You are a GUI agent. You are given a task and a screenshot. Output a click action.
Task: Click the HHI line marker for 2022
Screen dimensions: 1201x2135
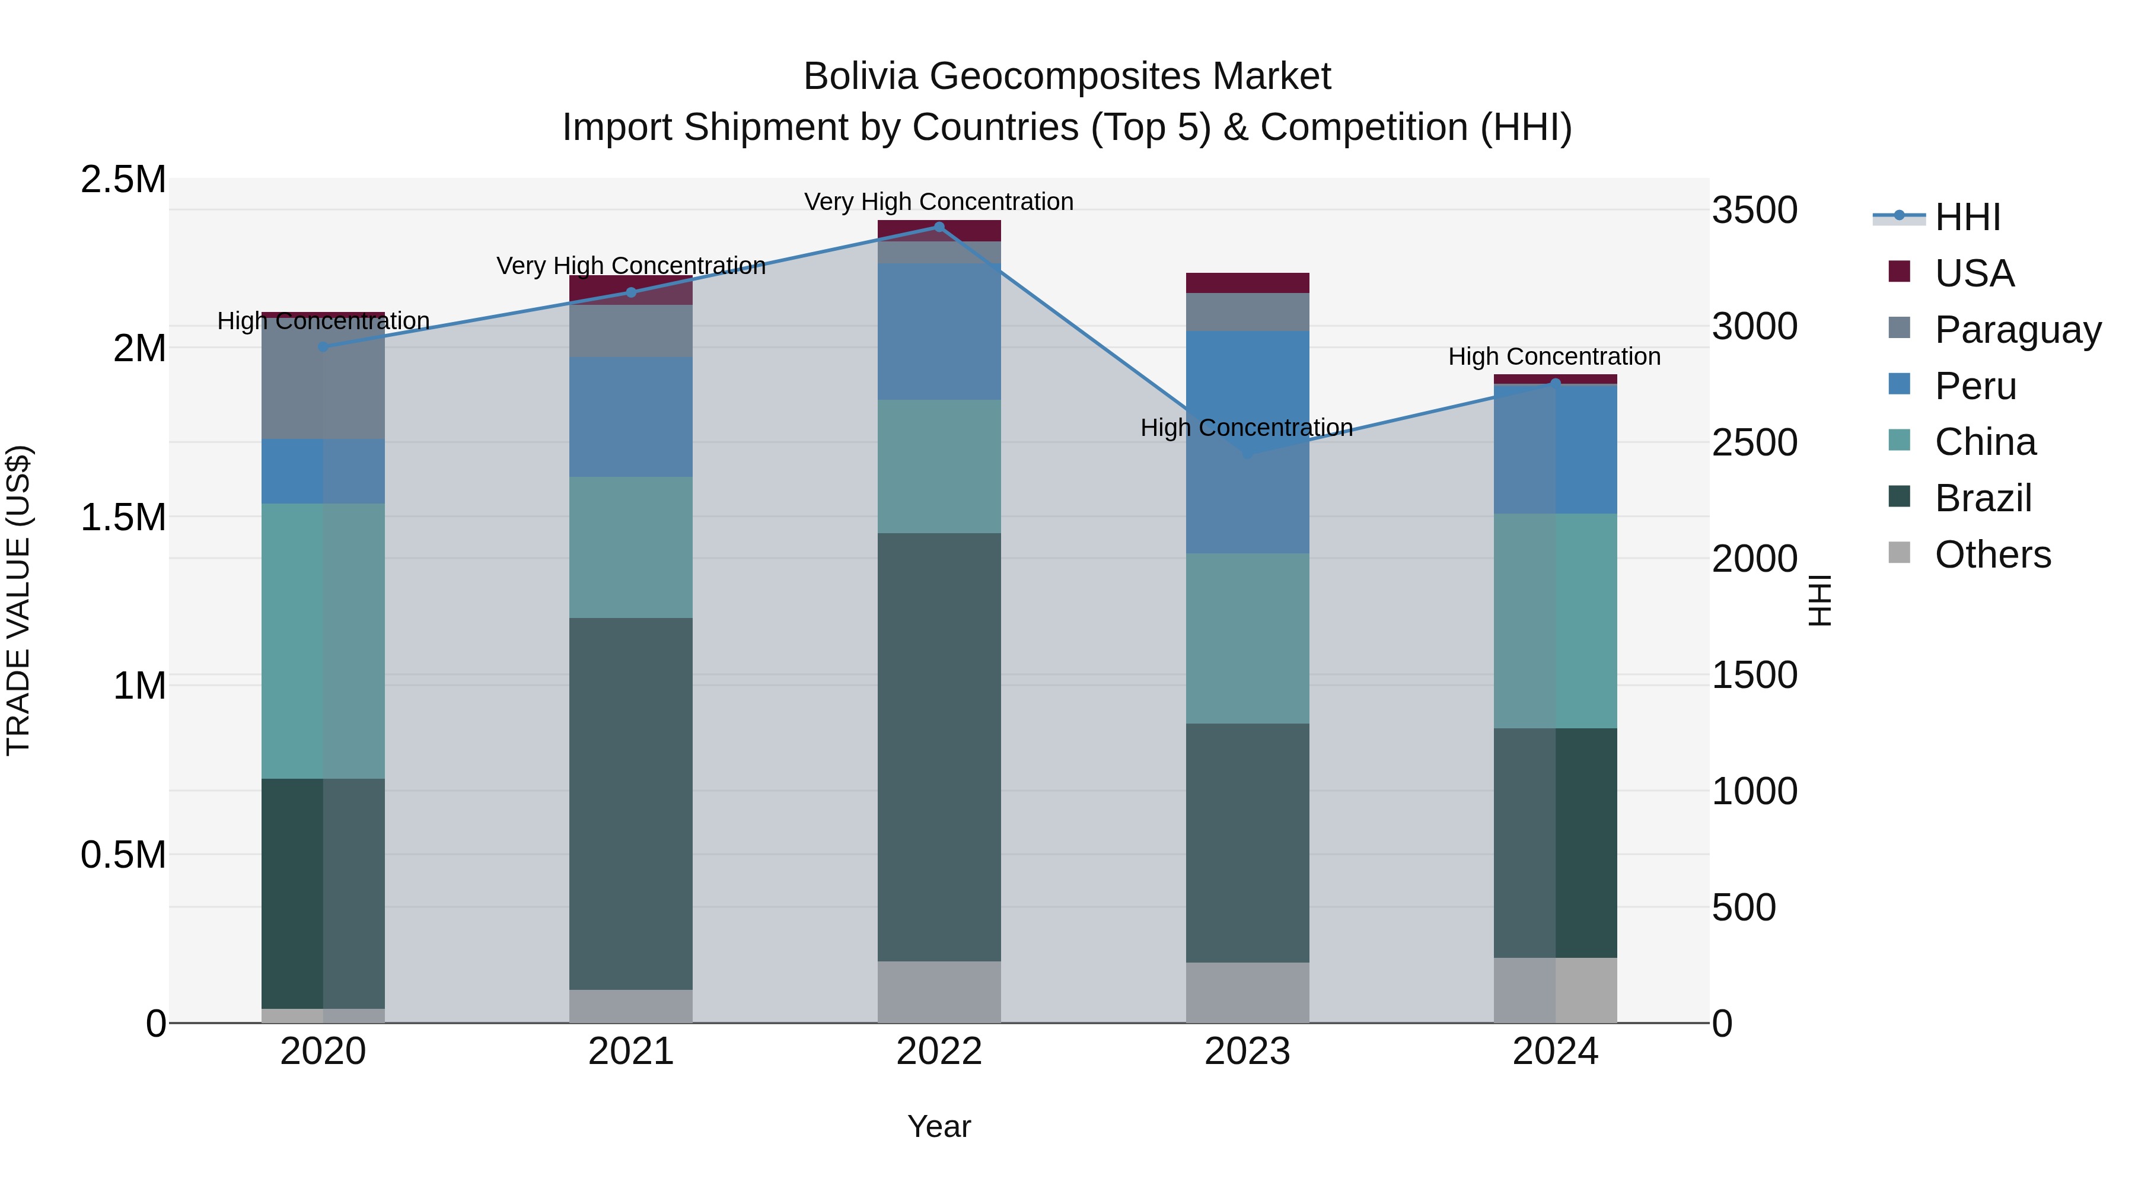(939, 227)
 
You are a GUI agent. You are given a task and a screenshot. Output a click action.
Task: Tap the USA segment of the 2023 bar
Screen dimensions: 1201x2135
(1247, 283)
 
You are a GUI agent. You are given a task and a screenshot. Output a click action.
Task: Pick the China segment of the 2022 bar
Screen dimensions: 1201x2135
(939, 467)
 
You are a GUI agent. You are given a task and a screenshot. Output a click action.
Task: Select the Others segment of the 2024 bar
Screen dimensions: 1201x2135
(1556, 990)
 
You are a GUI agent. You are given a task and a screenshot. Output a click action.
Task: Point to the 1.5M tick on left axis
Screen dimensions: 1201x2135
(123, 517)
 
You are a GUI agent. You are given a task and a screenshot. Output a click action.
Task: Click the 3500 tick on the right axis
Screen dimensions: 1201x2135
(1755, 210)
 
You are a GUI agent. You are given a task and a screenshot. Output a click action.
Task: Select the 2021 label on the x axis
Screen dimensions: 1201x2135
(631, 1052)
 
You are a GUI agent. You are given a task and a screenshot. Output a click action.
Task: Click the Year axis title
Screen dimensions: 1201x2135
(939, 1126)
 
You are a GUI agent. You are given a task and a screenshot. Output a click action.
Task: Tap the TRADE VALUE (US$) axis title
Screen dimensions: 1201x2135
(18, 600)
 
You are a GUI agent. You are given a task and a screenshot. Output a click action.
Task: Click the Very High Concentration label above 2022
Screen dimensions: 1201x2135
(939, 202)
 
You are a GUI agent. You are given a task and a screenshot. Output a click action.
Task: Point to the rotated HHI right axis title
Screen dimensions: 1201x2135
(1820, 600)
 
